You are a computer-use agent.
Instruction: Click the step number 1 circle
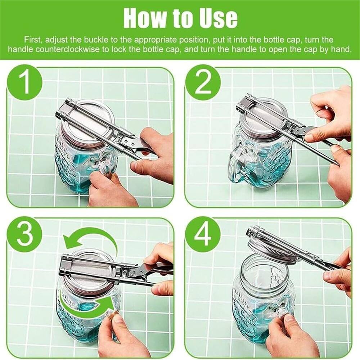24,82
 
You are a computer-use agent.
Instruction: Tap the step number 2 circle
203,82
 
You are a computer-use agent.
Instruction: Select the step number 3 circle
24,234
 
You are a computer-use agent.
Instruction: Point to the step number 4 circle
203,234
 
